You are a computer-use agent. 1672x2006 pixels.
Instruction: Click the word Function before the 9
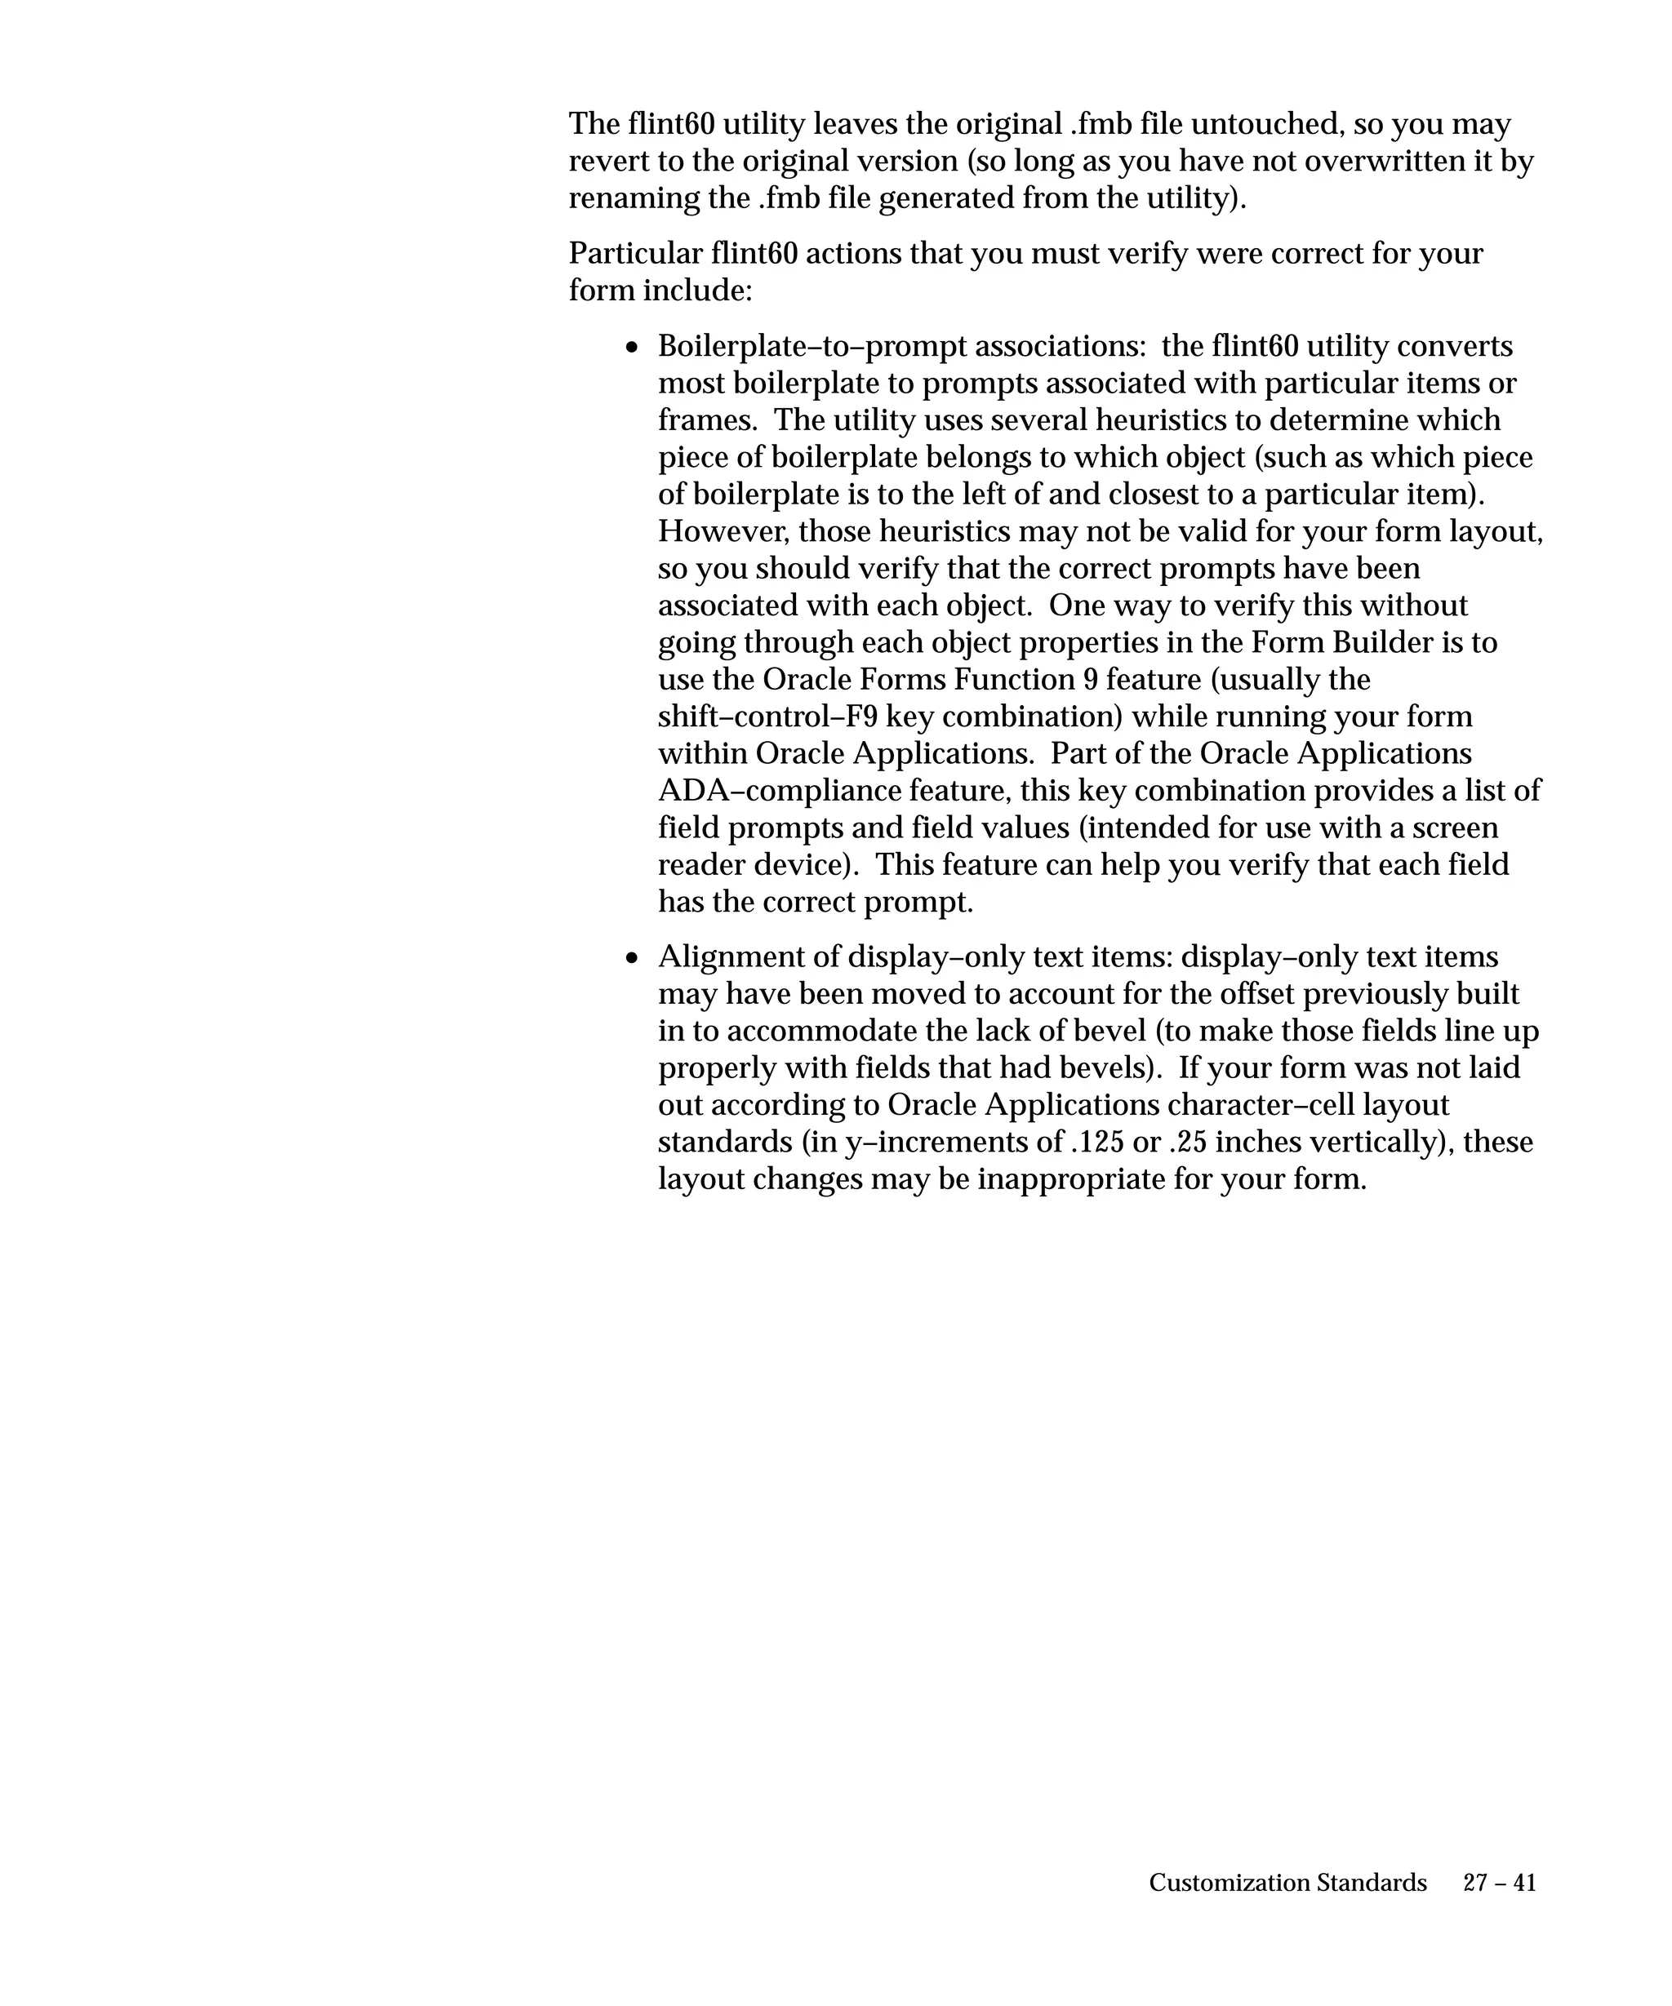coord(1012,680)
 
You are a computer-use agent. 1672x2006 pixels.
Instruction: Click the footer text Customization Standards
coord(1287,1883)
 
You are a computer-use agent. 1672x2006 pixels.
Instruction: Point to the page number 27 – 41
coord(1499,1883)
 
